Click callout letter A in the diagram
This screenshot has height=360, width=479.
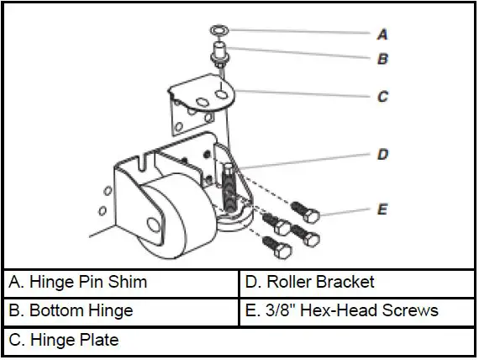[x=382, y=35]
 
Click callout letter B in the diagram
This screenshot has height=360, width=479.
[x=382, y=61]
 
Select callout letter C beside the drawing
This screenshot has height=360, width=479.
[x=382, y=97]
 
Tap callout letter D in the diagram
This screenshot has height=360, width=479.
[x=382, y=155]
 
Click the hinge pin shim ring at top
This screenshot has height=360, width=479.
[x=219, y=31]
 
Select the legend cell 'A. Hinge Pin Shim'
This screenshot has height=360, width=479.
[x=121, y=282]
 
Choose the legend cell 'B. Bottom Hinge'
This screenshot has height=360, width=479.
[x=121, y=310]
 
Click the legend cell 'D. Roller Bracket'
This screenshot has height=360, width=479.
[x=357, y=282]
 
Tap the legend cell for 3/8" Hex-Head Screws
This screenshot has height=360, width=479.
[x=357, y=310]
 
